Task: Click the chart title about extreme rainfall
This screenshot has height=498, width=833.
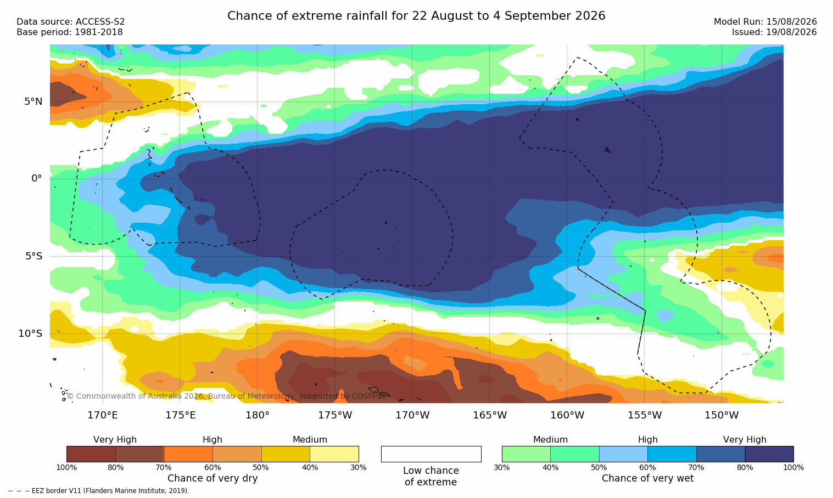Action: [x=416, y=16]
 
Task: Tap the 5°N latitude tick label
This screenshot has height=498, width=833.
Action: [x=33, y=101]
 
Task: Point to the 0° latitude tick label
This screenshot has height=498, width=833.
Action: [x=36, y=179]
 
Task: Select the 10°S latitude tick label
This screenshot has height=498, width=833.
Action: [x=31, y=333]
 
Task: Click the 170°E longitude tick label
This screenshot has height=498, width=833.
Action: [x=103, y=415]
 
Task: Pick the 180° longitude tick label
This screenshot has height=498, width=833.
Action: [x=258, y=415]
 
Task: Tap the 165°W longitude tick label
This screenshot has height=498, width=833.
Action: [x=490, y=415]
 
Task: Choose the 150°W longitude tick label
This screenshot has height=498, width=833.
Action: [x=722, y=415]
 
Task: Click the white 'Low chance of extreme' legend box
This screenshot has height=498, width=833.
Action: [x=431, y=454]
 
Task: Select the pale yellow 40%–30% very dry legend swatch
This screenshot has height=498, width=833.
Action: [x=334, y=454]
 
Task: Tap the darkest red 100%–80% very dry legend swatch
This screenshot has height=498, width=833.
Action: [x=91, y=454]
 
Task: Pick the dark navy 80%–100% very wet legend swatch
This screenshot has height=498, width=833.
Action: [x=769, y=454]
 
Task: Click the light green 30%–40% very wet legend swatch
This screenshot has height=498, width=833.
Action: [x=526, y=454]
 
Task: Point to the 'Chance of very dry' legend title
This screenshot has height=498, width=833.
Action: [x=213, y=478]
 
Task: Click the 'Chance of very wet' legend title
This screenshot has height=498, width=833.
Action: [x=647, y=478]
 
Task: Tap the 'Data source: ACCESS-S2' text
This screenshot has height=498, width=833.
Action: [x=71, y=22]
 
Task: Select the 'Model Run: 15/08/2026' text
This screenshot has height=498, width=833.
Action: [x=765, y=22]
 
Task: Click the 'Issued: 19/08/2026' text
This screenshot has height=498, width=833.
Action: [x=774, y=32]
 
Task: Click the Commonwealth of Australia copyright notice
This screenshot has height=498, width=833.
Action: [x=226, y=396]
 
